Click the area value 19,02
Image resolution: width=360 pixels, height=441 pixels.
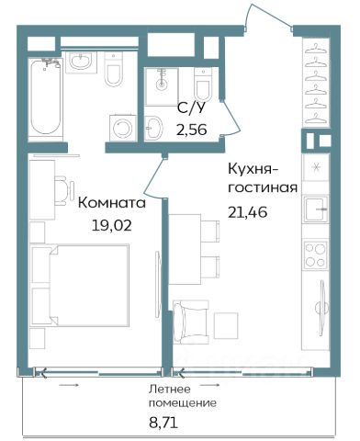(x=111, y=225)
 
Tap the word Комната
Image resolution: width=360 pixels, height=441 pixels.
(x=112, y=203)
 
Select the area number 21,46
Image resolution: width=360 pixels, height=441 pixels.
(x=247, y=212)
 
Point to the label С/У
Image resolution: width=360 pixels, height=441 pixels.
(x=190, y=108)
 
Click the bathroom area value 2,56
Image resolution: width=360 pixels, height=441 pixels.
(x=191, y=130)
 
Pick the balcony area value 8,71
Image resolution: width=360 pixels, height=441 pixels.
(x=163, y=424)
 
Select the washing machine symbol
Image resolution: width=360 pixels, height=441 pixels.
(x=123, y=129)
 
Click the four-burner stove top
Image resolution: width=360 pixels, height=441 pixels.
(x=315, y=255)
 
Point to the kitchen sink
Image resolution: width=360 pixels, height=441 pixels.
(x=316, y=209)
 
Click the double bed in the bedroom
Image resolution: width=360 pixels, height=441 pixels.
(x=89, y=285)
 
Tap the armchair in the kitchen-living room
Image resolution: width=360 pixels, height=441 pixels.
(x=191, y=322)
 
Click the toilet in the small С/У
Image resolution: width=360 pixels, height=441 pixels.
(x=203, y=85)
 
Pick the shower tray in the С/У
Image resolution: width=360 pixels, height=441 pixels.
(x=162, y=87)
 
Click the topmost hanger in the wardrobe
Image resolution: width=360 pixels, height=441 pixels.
(x=316, y=49)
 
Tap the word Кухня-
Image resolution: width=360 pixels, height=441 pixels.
(x=253, y=170)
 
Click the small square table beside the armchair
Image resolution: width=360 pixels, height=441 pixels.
(x=226, y=325)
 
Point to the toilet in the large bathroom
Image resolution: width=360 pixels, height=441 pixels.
(x=114, y=69)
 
